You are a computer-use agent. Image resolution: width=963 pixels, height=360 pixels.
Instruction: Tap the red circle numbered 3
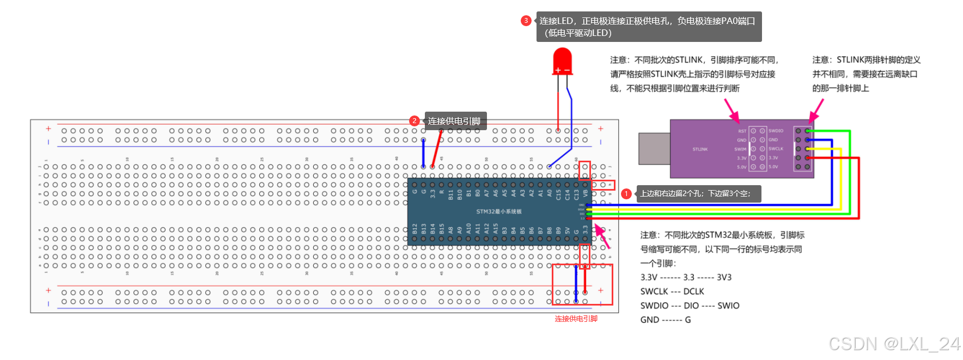526,21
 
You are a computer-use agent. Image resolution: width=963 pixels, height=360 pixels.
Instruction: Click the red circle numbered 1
626,193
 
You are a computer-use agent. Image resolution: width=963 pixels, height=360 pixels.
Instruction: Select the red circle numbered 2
415,121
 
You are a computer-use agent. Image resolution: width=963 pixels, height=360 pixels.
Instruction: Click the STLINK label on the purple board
700,149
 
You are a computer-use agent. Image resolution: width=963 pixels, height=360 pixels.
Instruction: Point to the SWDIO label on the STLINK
776,131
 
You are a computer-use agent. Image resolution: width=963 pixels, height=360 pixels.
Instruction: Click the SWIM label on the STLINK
740,149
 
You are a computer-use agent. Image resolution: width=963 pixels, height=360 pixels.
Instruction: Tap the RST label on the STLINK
742,131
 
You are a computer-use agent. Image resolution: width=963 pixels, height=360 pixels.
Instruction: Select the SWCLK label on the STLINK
776,149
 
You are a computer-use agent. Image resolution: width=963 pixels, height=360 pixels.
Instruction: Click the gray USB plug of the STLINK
654,148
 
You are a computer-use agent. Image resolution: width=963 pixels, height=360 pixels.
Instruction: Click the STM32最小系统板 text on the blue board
498,211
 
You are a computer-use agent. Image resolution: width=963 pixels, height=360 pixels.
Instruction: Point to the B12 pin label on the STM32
415,229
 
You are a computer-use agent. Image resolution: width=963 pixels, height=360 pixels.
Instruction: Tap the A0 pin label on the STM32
550,193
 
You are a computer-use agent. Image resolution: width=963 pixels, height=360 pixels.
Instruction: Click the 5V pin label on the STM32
568,231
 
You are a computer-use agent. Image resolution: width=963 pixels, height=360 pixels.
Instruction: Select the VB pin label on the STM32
586,193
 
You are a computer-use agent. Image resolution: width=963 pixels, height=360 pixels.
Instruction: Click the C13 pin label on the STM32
576,194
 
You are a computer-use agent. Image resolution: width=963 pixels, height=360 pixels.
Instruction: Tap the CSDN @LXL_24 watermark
894,344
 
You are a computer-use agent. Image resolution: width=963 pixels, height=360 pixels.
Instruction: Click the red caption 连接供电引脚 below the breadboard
576,319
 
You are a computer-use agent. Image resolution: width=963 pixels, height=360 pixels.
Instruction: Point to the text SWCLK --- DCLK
672,291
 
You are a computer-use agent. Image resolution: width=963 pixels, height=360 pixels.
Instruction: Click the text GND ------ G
665,320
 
